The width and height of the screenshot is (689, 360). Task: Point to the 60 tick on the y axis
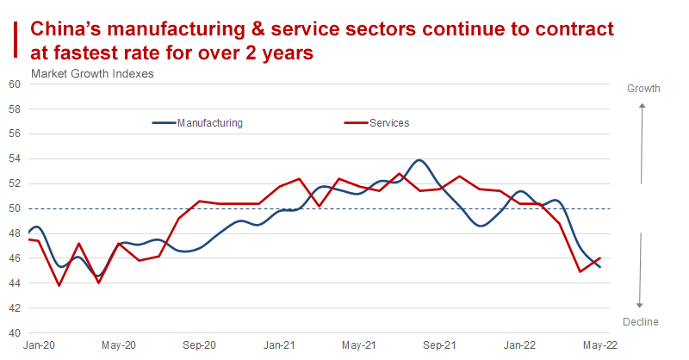(x=14, y=84)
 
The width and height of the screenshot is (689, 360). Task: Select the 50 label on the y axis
(x=14, y=208)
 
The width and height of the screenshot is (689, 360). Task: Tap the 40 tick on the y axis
(x=14, y=332)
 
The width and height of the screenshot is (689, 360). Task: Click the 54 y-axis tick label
(x=14, y=158)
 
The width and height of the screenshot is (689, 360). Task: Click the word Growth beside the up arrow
(x=643, y=89)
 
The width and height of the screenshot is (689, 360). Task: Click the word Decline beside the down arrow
(x=640, y=322)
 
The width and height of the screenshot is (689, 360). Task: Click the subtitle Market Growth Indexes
(x=92, y=73)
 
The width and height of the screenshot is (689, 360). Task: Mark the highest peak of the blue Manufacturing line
(x=419, y=160)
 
